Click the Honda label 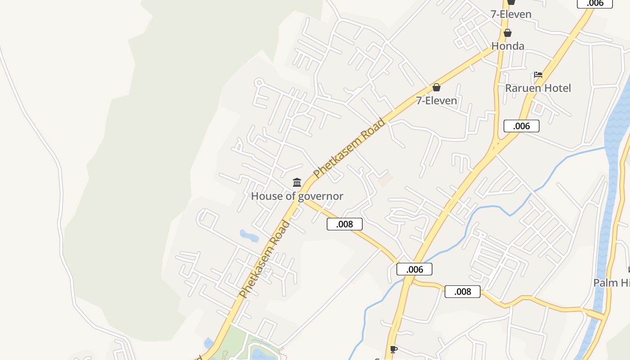508,46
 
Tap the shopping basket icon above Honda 508,33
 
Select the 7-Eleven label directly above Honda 511,14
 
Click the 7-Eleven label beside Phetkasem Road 436,100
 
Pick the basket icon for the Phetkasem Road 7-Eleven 436,87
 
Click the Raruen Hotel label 538,88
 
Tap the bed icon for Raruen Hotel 538,75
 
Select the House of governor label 297,196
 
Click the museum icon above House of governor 297,183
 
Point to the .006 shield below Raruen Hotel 521,126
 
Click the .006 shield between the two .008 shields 414,269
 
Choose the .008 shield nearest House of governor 344,224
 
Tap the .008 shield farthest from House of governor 462,292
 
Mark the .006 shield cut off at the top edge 594,4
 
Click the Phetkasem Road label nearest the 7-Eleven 350,148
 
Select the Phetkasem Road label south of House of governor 265,259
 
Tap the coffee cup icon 394,349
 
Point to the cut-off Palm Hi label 611,283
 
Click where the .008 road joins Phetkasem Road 302,199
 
